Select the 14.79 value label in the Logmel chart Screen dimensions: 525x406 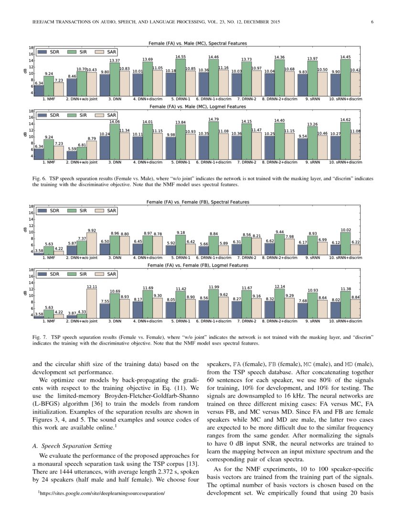point(214,119)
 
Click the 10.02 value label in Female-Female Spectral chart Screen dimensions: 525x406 point(345,230)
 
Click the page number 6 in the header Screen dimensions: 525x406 point(372,22)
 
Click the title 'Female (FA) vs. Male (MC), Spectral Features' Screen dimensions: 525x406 point(198,43)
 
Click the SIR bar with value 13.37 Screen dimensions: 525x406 point(115,79)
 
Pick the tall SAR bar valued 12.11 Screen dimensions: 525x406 point(92,304)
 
